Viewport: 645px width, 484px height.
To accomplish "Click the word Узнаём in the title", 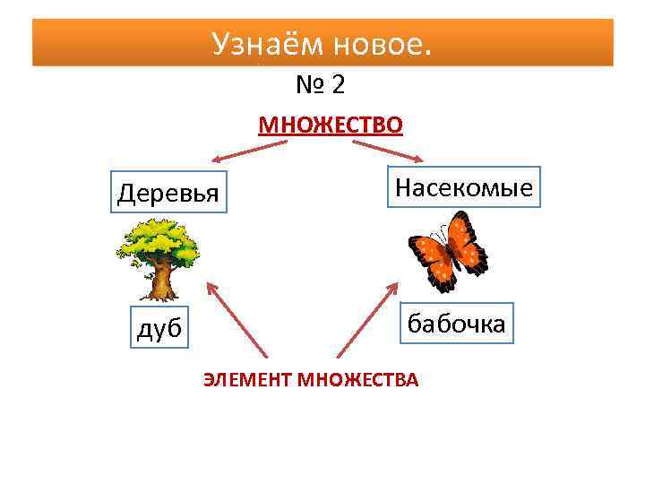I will coord(262,42).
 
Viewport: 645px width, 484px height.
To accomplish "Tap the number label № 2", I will coord(321,85).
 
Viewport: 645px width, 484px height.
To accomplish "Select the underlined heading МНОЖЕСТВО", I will coord(331,123).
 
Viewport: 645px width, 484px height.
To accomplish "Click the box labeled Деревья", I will coord(168,191).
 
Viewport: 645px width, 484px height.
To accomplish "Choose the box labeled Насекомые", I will coord(463,186).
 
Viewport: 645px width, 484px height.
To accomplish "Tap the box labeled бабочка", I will coord(456,324).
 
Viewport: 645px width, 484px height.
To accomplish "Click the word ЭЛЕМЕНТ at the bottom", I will coord(248,379).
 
